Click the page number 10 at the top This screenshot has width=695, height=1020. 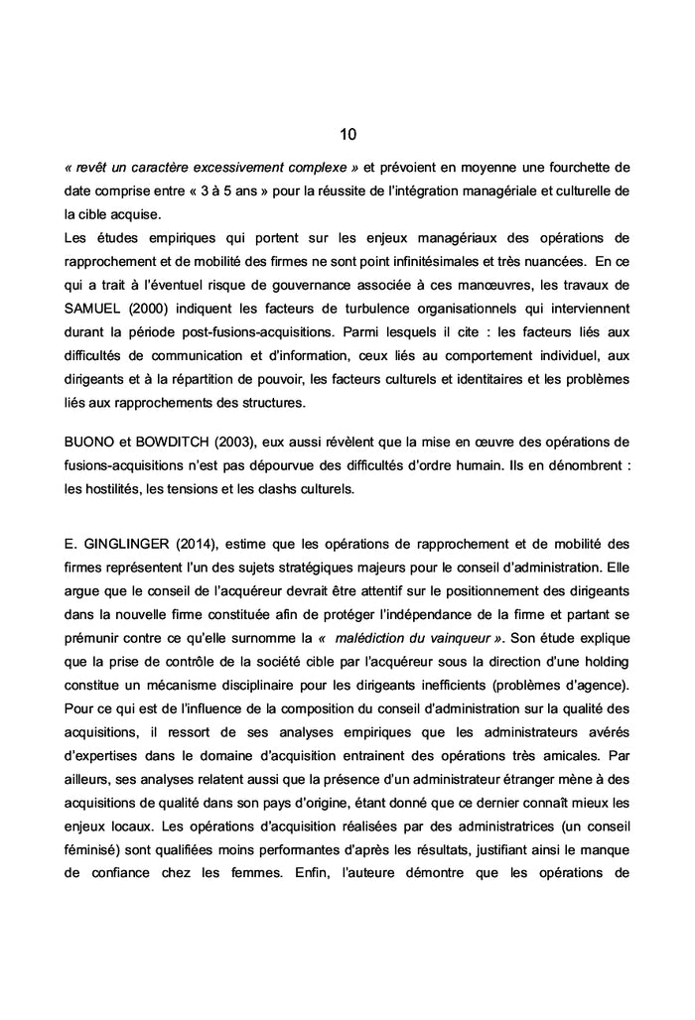(x=347, y=134)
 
